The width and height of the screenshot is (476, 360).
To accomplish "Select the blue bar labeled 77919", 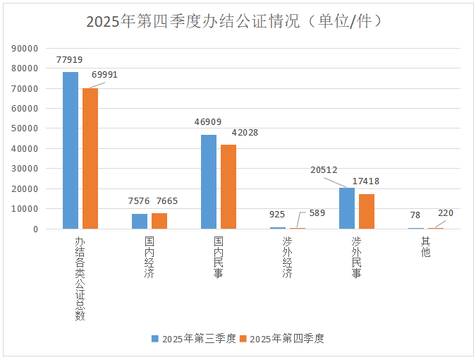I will tap(71, 150).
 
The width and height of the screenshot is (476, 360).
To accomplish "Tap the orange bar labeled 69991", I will tap(90, 158).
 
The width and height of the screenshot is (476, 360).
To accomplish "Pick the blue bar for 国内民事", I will tap(209, 181).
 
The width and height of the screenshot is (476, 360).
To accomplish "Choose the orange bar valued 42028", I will tap(228, 186).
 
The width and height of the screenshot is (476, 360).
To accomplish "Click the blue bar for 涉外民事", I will tap(347, 208).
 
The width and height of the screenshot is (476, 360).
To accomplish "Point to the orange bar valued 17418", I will tap(367, 211).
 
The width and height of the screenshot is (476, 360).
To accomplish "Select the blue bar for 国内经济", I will tap(140, 221).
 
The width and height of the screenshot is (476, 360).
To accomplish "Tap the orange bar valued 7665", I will tap(159, 221).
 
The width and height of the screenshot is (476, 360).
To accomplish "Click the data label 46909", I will tap(209, 121).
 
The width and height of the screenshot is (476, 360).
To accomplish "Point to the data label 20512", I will tap(324, 169).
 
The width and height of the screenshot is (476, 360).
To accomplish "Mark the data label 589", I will tap(317, 213).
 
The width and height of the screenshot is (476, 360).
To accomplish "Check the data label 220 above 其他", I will tap(446, 212).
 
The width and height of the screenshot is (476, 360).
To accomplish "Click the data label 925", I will tap(278, 213).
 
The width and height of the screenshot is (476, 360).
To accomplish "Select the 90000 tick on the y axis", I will tap(25, 49).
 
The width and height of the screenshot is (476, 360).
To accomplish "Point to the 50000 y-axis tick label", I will tap(25, 128).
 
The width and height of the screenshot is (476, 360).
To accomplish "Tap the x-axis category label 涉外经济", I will tap(288, 258).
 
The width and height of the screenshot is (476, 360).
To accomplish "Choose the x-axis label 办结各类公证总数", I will tap(80, 278).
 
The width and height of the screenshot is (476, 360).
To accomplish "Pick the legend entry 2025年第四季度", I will tap(281, 339).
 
